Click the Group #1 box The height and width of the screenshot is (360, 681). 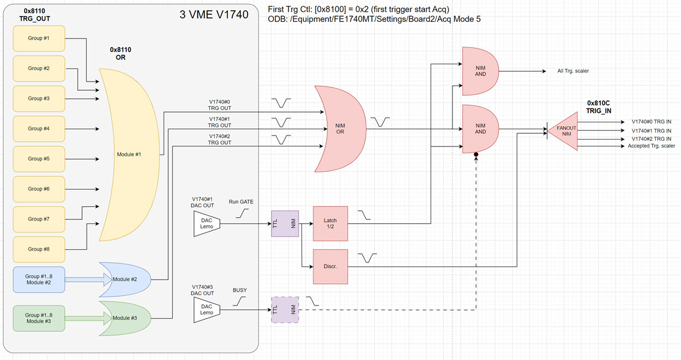39,38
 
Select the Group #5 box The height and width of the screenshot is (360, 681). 39,159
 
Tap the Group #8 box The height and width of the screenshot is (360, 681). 39,249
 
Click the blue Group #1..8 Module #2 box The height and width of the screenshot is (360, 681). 39,280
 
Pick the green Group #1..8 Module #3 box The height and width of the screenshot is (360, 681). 39,318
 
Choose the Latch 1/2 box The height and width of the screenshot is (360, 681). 331,224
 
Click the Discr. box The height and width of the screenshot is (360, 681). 331,266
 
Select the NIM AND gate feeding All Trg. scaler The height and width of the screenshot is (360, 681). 481,71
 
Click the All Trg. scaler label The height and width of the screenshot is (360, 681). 573,71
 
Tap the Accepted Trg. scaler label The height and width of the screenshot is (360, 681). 651,146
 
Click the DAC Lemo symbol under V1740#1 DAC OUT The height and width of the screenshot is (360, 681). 207,224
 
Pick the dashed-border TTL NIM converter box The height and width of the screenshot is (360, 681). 285,309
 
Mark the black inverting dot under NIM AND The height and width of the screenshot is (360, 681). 476,154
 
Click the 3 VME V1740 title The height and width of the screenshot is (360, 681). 214,14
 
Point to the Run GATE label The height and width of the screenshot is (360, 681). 241,202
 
